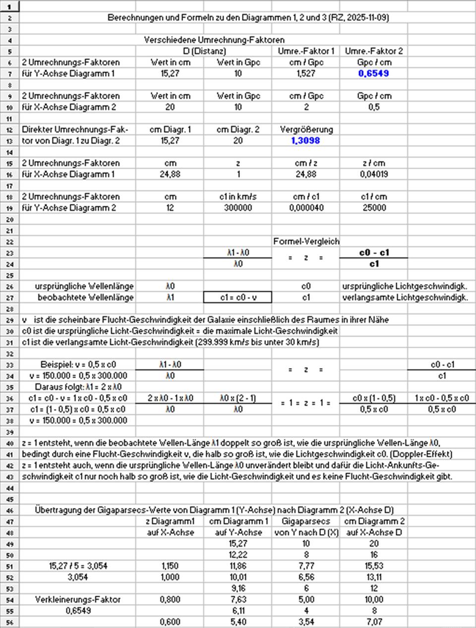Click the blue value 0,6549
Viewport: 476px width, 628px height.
point(373,73)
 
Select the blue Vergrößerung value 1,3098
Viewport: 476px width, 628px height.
point(305,140)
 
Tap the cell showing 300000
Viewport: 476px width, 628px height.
point(238,208)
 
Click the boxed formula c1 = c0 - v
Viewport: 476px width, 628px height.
point(238,297)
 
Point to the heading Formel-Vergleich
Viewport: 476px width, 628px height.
point(306,242)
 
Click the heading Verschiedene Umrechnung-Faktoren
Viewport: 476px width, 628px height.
point(214,40)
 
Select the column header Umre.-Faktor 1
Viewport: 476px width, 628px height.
point(306,51)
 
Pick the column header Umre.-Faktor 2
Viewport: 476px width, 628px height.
point(373,51)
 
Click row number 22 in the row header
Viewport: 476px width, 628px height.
point(9,242)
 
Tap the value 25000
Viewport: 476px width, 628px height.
point(373,208)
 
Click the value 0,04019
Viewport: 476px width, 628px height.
point(373,174)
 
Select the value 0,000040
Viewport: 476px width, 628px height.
point(306,208)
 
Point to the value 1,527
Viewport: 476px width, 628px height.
point(306,73)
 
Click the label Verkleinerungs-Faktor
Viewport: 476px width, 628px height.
point(78,599)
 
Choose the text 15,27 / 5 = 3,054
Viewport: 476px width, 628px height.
point(78,565)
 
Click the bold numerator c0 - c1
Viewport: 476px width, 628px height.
point(373,252)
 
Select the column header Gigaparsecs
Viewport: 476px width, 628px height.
point(306,521)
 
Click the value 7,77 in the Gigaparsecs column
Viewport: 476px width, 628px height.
point(306,565)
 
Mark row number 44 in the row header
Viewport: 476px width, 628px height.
point(9,488)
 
